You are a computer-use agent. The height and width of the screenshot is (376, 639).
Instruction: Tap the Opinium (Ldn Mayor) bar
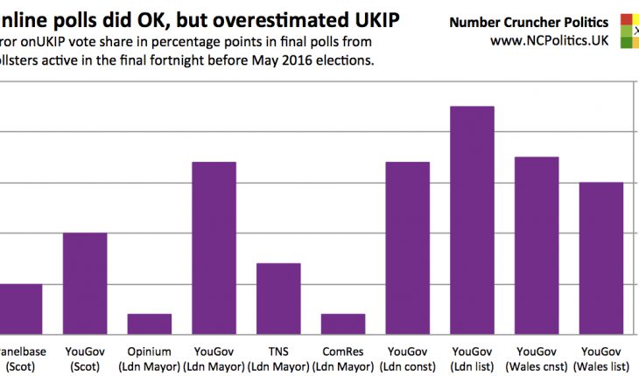pos(150,324)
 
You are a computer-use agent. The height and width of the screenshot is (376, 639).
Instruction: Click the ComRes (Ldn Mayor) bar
pos(343,324)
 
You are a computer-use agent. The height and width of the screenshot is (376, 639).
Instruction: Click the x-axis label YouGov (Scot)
pos(85,359)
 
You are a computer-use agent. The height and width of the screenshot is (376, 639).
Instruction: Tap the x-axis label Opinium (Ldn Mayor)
pos(150,359)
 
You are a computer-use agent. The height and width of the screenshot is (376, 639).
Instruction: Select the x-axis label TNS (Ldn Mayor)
pos(278,359)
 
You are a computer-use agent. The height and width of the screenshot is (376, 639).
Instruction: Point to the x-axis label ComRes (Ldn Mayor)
pos(343,359)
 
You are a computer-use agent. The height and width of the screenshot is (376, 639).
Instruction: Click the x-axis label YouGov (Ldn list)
pos(472,359)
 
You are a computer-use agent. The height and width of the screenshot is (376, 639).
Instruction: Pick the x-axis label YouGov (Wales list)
pos(601,359)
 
